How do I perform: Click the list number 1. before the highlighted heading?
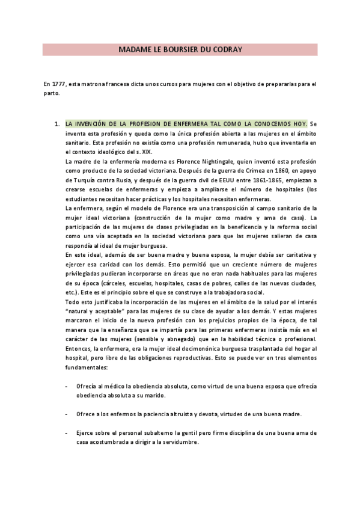(57, 123)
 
